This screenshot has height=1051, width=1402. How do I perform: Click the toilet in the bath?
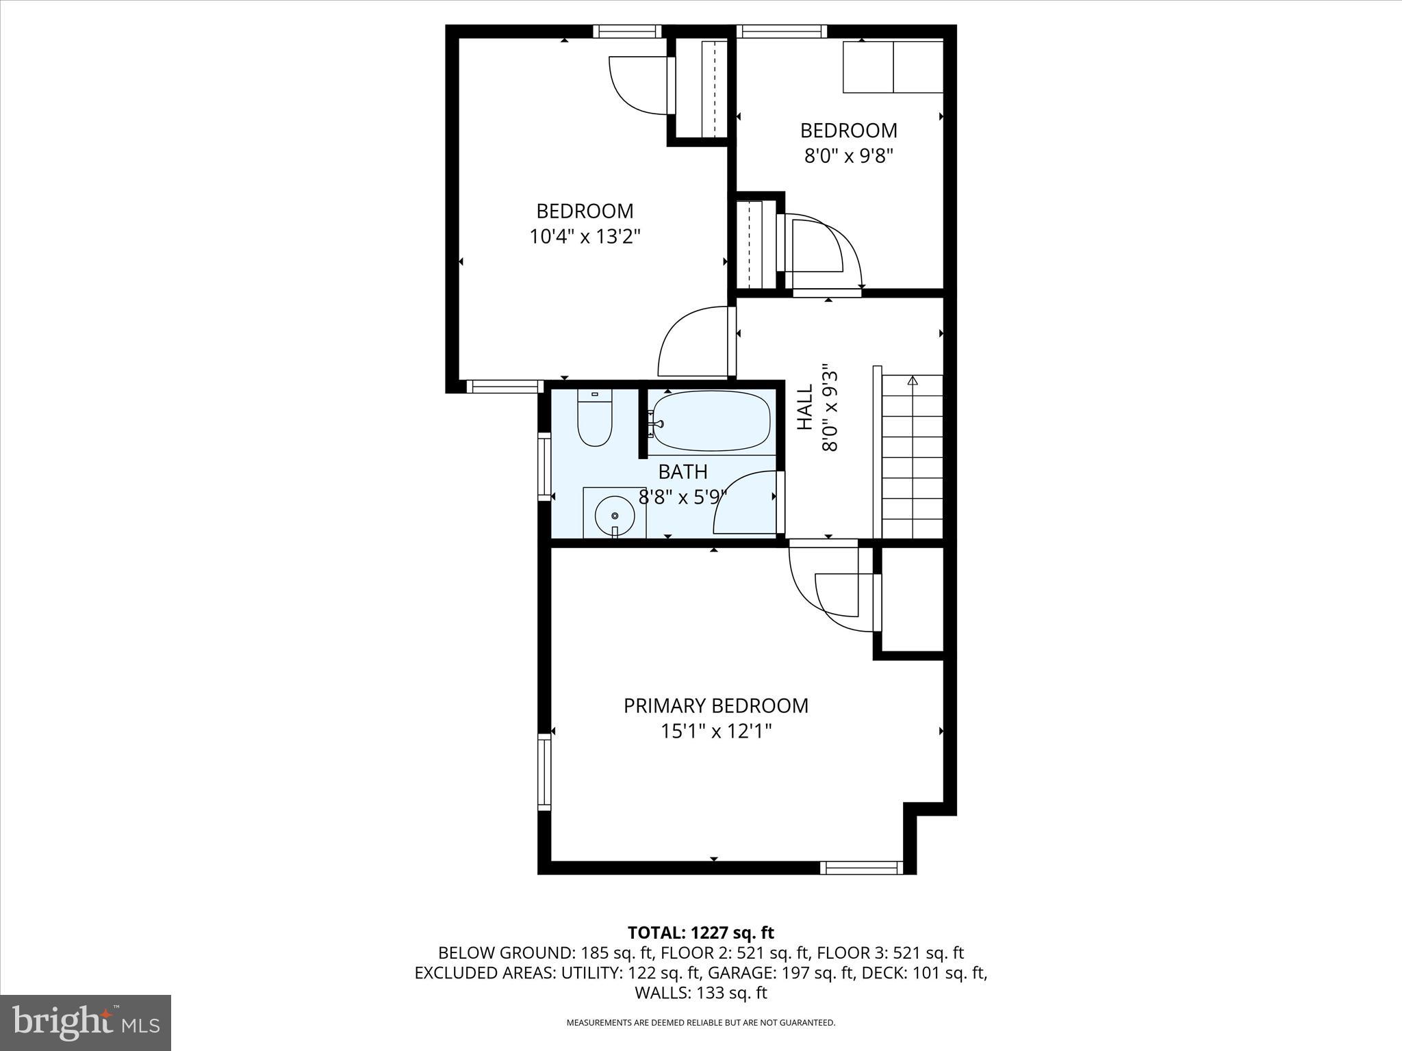click(x=594, y=421)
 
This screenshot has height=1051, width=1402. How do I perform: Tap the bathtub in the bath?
click(x=711, y=421)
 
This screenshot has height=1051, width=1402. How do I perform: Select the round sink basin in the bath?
click(x=614, y=515)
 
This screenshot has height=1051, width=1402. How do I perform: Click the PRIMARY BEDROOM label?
click(x=715, y=705)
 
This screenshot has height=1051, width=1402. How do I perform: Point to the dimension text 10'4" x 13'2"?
click(x=585, y=237)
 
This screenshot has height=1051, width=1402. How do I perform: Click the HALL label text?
click(x=805, y=406)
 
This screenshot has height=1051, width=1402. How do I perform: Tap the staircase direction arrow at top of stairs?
click(x=911, y=380)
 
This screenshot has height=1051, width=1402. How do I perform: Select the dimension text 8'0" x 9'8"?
click(x=849, y=156)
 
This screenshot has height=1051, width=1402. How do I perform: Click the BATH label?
click(x=683, y=471)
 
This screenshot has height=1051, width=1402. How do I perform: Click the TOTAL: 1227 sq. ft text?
click(x=700, y=933)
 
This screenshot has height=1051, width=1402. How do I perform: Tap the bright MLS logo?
click(x=86, y=1023)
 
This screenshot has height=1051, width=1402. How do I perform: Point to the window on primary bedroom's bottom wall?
click(x=862, y=868)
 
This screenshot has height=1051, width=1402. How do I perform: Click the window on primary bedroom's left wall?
click(x=544, y=772)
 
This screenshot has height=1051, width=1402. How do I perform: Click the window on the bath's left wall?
click(x=544, y=467)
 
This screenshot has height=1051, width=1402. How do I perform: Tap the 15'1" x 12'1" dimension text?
click(x=715, y=731)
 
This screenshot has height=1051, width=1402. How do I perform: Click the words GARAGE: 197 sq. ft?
click(x=780, y=972)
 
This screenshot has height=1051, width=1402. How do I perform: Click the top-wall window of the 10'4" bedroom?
click(x=627, y=31)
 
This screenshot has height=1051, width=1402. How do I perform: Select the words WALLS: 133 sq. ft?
click(x=700, y=992)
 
